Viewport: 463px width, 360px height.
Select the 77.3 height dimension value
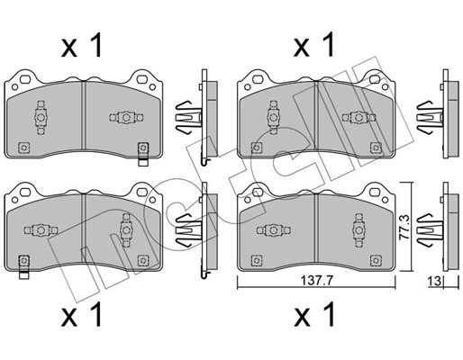tap(417, 220)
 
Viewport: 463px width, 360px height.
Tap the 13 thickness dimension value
tap(432, 282)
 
